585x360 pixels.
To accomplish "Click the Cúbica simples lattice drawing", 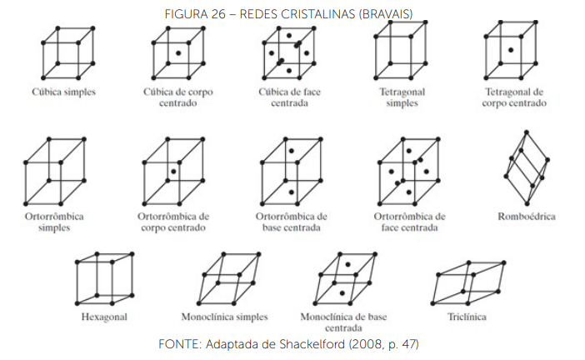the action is [x=67, y=54].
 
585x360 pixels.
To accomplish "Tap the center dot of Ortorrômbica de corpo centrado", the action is [x=172, y=172].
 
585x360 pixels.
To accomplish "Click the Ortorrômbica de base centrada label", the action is [x=291, y=222].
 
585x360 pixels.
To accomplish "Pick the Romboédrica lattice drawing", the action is [x=525, y=167].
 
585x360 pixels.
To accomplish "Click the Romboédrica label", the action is [x=526, y=217].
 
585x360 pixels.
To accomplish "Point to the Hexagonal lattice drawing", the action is [x=104, y=278].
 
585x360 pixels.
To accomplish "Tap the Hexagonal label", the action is [x=104, y=317].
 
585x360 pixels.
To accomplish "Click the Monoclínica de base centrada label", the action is [x=342, y=322].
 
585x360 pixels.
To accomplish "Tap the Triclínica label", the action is [x=466, y=317].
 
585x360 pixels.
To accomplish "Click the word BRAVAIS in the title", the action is [x=386, y=11].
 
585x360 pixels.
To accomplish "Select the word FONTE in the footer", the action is [x=177, y=343].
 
